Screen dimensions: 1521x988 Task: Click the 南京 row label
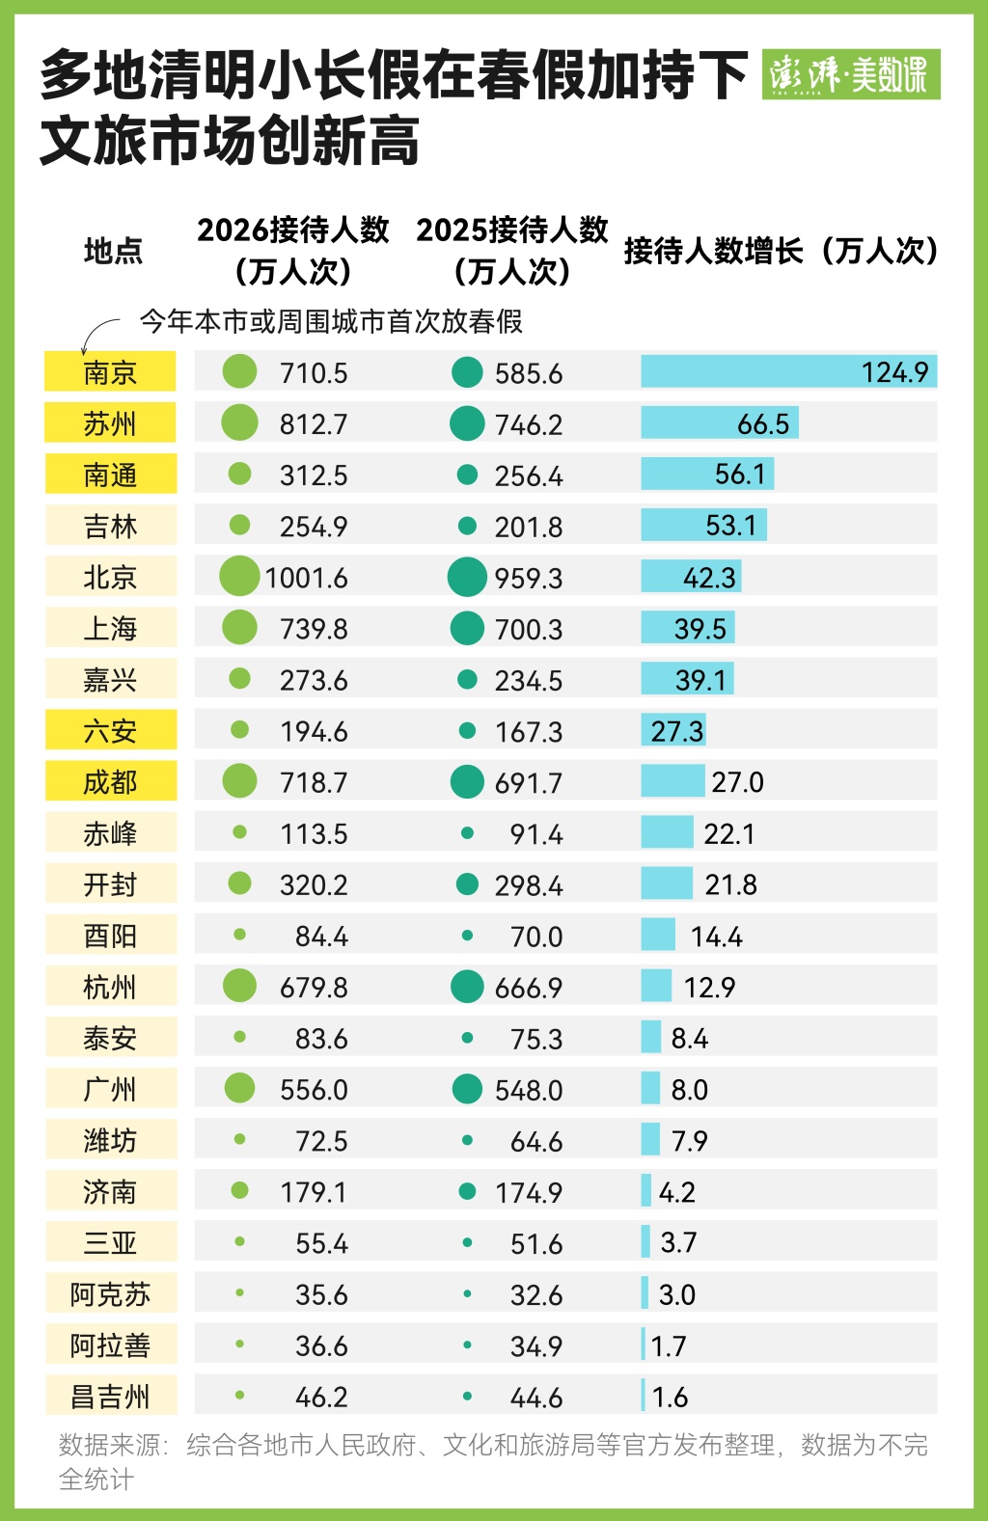tap(110, 372)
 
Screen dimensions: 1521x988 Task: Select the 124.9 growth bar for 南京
tap(788, 372)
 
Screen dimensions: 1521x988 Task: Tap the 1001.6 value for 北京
tap(306, 578)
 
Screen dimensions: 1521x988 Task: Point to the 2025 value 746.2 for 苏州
tap(528, 424)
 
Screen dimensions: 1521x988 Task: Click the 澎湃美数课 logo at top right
tap(850, 74)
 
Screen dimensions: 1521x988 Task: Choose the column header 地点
tap(113, 251)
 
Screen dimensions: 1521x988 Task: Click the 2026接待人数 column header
tap(292, 250)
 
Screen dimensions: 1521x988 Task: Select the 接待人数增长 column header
tap(781, 251)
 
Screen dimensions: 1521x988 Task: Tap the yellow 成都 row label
tap(110, 781)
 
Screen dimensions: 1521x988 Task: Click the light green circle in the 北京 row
tap(239, 577)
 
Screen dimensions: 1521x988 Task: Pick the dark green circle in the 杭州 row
tap(467, 987)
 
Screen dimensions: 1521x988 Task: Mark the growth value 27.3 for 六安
tap(676, 731)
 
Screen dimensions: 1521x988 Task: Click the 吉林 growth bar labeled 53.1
tap(703, 526)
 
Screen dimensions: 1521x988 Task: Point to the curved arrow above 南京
tap(96, 334)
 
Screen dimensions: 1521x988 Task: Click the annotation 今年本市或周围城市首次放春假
tap(331, 321)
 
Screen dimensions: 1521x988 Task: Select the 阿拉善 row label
tap(110, 1344)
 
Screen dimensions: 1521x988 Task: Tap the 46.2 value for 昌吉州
tap(321, 1397)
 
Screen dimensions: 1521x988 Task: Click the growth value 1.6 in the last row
tap(670, 1397)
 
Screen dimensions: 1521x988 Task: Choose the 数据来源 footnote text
tap(493, 1460)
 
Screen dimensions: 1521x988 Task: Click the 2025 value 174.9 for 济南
tap(528, 1192)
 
